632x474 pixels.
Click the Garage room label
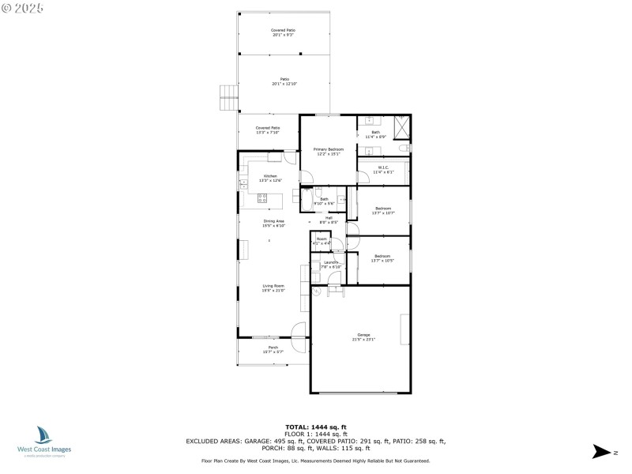364,338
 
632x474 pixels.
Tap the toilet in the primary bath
404,148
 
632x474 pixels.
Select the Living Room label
273,288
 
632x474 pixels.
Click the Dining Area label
273,224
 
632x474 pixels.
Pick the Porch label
273,349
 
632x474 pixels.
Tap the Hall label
329,220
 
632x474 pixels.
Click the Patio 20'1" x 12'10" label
284,81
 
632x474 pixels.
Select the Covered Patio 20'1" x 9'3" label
284,32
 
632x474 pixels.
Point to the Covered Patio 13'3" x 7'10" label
268,130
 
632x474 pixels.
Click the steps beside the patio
228,98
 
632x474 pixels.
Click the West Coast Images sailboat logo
43,435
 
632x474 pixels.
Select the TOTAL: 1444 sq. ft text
315,427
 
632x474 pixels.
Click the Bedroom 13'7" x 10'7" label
383,210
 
